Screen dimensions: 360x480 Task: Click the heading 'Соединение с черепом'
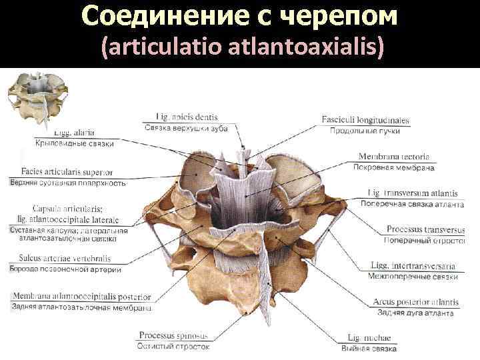pyautogui.click(x=240, y=17)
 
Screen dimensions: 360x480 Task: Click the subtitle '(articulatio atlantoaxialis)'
pyautogui.click(x=242, y=48)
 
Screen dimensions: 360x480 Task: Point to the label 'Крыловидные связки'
pyautogui.click(x=74, y=143)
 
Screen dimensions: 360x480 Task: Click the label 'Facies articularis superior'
pyautogui.click(x=67, y=171)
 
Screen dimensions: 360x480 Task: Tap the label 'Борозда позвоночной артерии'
pyautogui.click(x=65, y=269)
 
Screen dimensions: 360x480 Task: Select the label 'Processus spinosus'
pyautogui.click(x=173, y=335)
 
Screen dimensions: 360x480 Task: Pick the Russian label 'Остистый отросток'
pyautogui.click(x=173, y=346)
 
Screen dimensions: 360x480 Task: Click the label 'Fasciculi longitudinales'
pyautogui.click(x=365, y=121)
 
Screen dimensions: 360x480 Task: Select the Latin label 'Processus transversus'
pyautogui.click(x=425, y=229)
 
